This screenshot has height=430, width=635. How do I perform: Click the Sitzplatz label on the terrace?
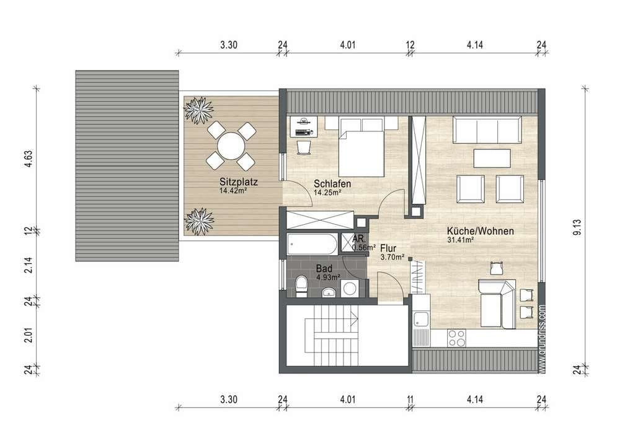239,182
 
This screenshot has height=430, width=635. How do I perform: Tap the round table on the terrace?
231,146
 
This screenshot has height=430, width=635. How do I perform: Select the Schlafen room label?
332,183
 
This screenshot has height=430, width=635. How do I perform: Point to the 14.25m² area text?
327,193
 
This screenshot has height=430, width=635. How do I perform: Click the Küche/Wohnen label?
481,231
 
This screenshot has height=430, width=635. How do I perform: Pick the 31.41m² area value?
461,240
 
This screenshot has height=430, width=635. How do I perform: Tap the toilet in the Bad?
302,286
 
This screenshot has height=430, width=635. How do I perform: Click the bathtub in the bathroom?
312,244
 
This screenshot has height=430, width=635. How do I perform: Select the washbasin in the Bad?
329,292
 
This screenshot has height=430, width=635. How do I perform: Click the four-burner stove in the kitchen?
457,338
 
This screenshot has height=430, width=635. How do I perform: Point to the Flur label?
388,248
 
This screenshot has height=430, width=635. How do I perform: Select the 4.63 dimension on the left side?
28,159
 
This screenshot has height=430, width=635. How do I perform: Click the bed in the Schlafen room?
362,147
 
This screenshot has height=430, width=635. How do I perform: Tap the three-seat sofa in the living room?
487,129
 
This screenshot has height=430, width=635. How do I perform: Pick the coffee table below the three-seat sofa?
492,158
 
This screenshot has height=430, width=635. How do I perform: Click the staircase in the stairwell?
331,335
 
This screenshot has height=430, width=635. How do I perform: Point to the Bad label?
324,268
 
